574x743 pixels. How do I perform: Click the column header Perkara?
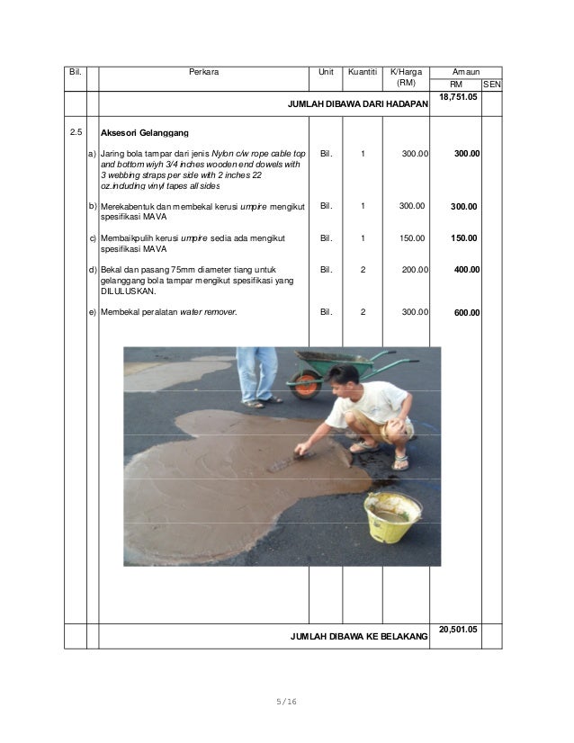(204, 70)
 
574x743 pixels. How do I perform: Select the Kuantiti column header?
(363, 70)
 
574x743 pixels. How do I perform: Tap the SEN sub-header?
(492, 84)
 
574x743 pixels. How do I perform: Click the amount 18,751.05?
(456, 96)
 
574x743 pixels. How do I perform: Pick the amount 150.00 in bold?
(464, 238)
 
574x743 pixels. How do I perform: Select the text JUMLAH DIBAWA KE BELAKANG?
(359, 637)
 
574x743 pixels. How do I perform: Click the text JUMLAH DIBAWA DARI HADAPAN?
(357, 105)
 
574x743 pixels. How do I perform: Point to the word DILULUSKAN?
(129, 291)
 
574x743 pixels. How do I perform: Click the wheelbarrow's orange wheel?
(305, 384)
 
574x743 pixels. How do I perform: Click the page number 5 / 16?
(287, 701)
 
